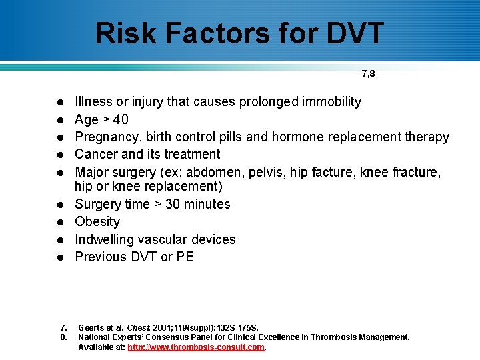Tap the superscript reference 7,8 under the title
[x=368, y=74]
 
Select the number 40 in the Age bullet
[x=121, y=119]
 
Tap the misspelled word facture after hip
[x=335, y=172]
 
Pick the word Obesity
[x=97, y=221]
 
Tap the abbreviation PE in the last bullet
[x=185, y=257]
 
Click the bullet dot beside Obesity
[x=59, y=222]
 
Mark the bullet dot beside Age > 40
[x=59, y=120]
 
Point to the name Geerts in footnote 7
[x=91, y=327]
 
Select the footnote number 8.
[x=63, y=337]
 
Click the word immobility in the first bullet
[x=330, y=101]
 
